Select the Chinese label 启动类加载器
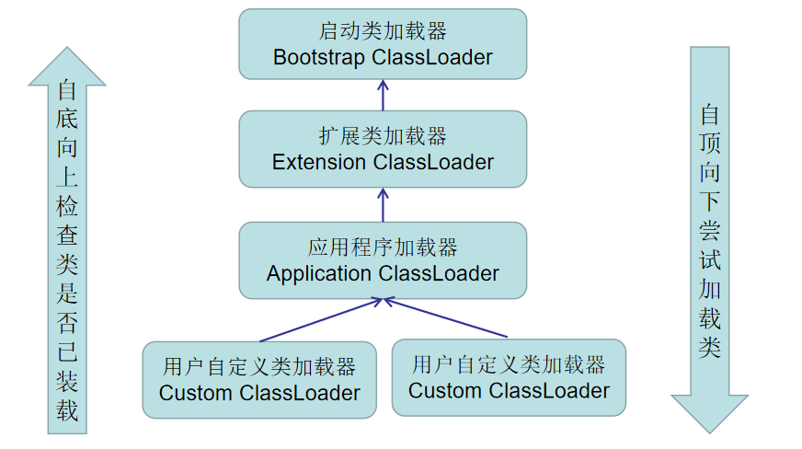pos(383,31)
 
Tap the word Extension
pos(319,162)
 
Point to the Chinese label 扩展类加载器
pos(383,136)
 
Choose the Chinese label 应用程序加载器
pos(383,248)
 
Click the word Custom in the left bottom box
pos(196,393)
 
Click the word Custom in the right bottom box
pos(446,390)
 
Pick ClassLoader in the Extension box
pos(433,162)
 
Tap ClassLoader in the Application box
pos(439,273)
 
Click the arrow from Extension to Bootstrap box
pos(383,96)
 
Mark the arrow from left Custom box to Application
pos(322,319)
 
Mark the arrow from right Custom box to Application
pos(446,317)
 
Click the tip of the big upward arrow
pos(66,52)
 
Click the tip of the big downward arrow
pos(709,429)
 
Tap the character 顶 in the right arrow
pos(709,144)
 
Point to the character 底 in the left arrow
pos(67,121)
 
